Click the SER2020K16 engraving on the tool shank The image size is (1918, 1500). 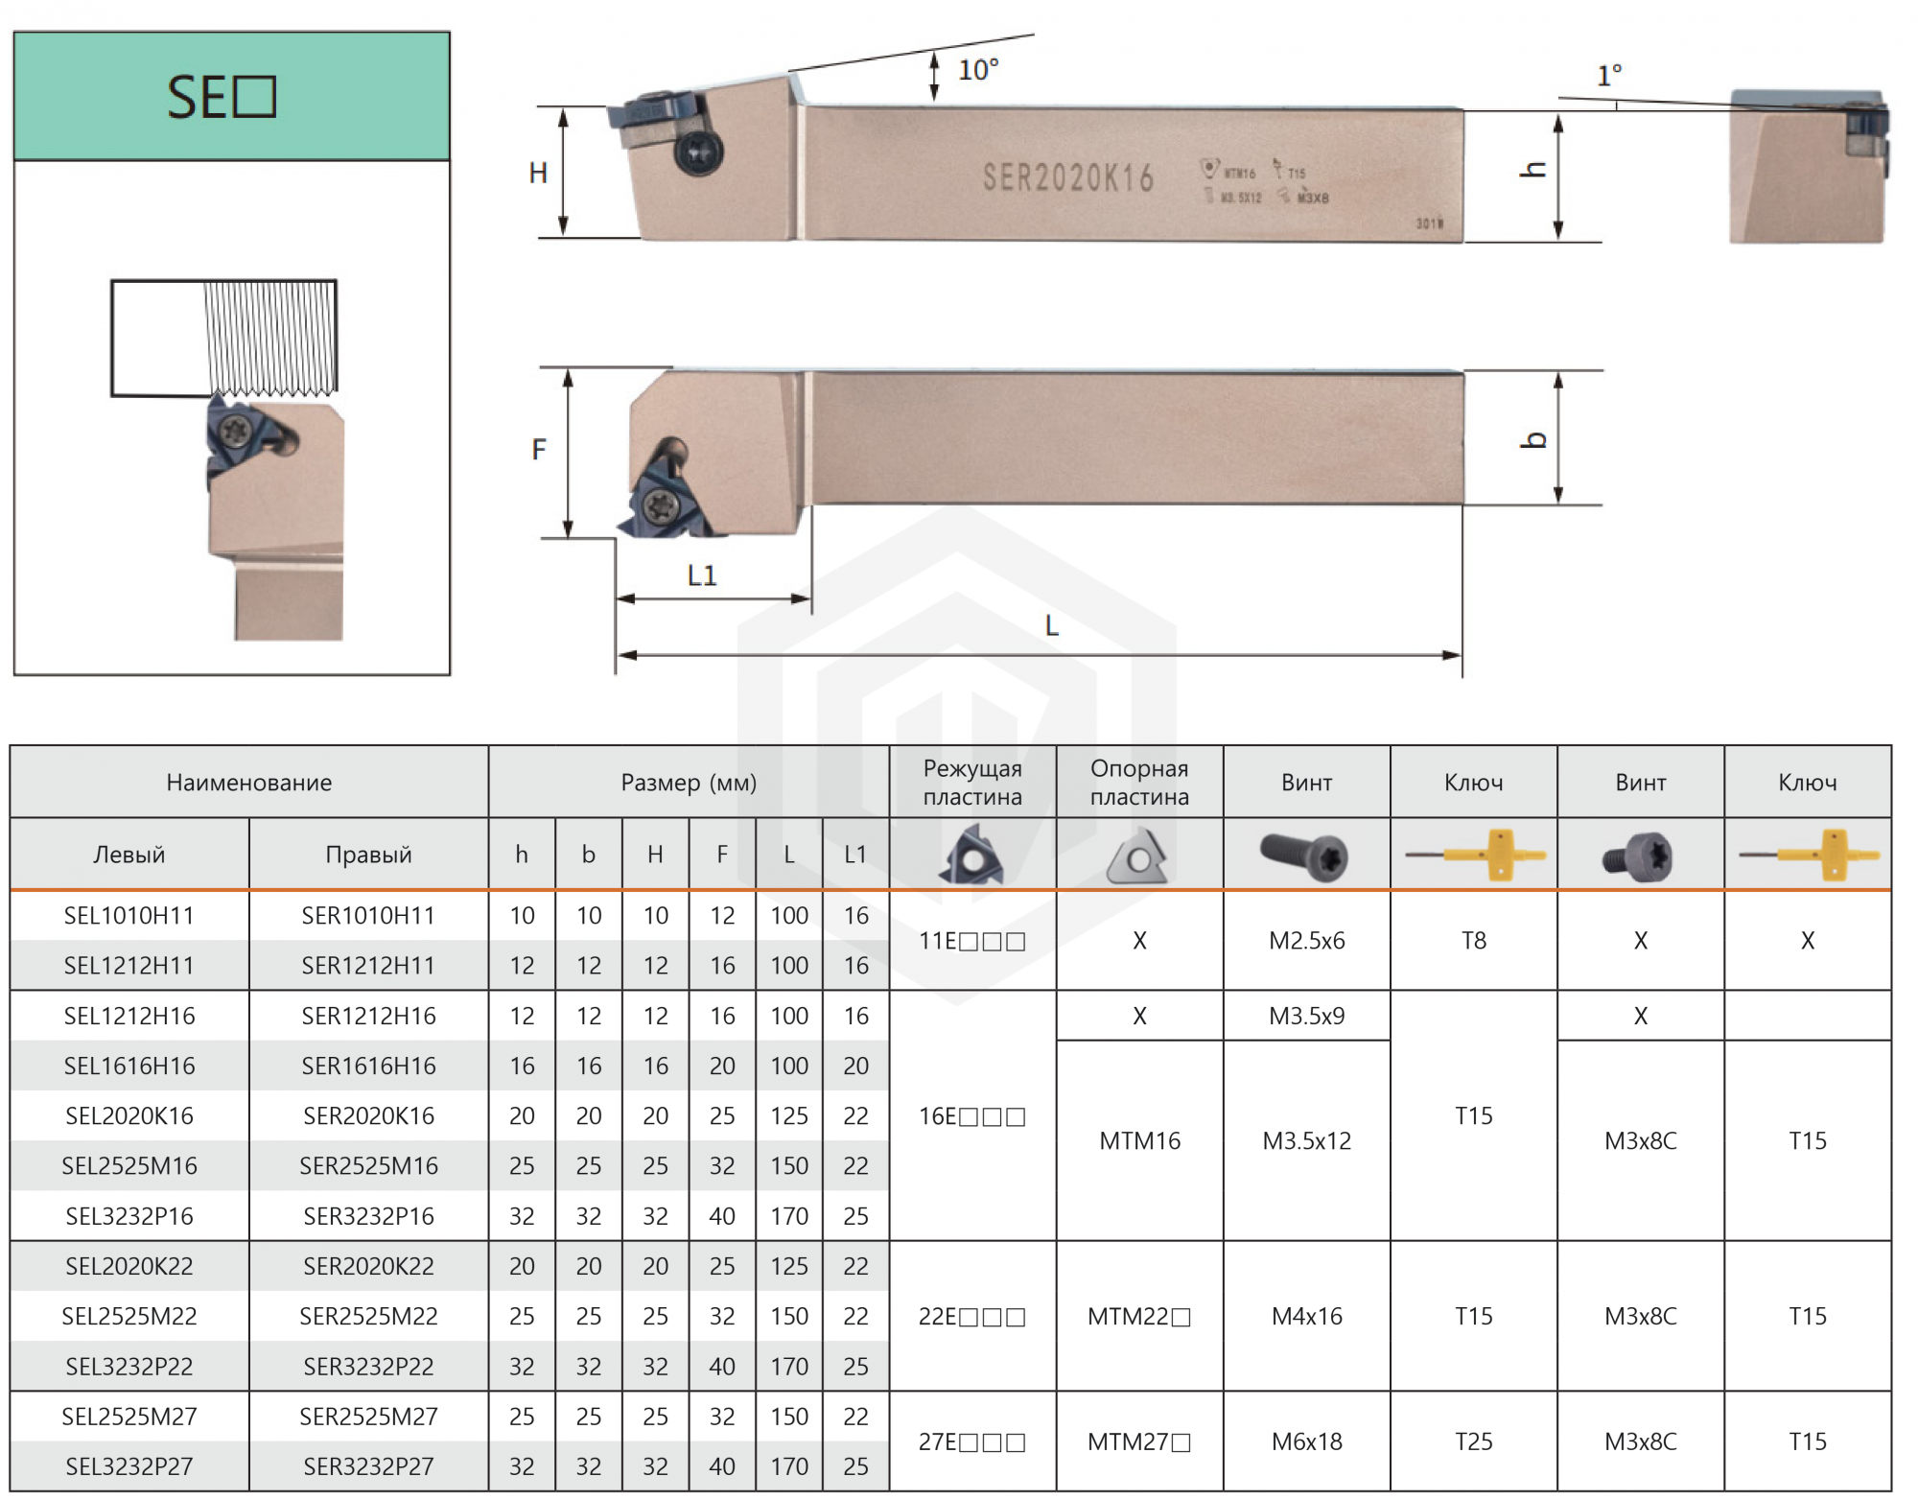1067,177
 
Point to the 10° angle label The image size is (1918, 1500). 978,70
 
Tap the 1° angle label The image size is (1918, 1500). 1609,75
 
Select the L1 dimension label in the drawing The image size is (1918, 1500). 702,575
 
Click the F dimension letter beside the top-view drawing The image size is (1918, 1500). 539,449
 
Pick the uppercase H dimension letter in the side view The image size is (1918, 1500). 538,173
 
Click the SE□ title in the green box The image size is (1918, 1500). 222,97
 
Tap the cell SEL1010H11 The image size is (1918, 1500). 129,916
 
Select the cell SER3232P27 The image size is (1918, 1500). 368,1466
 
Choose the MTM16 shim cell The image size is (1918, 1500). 1139,1140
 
